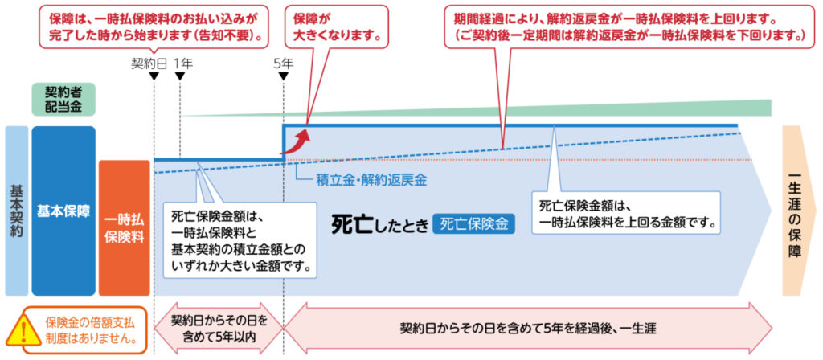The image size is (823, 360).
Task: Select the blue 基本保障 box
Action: point(63,211)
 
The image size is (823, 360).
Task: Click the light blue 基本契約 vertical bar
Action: point(16,211)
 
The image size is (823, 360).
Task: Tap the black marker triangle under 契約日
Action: point(153,76)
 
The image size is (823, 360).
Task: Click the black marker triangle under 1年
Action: point(179,76)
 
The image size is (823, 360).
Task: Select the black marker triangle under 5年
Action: point(283,76)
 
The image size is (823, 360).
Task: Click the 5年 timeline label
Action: point(283,62)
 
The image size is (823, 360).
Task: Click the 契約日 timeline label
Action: point(149,62)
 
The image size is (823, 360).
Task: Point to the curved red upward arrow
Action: point(301,139)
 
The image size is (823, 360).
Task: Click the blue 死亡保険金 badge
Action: point(474,223)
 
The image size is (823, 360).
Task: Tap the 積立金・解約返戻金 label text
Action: point(371,181)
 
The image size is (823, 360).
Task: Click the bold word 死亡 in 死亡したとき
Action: point(350,223)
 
